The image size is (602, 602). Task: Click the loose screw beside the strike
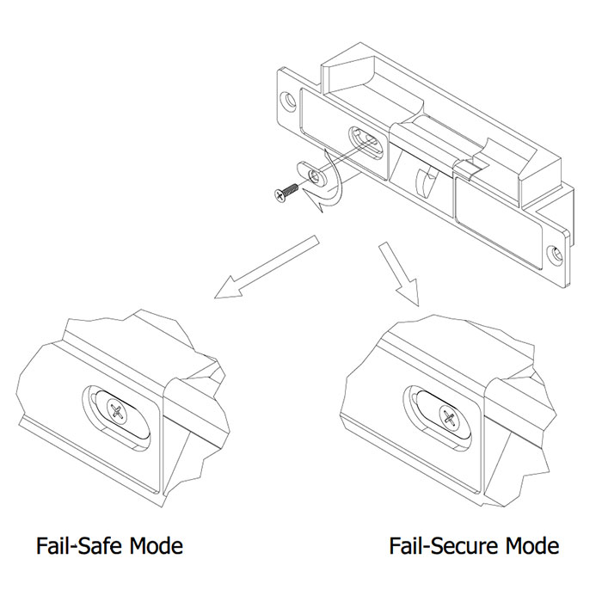coord(285,193)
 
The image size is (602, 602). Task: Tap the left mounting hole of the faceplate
coord(290,101)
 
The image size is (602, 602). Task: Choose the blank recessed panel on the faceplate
coord(500,219)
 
